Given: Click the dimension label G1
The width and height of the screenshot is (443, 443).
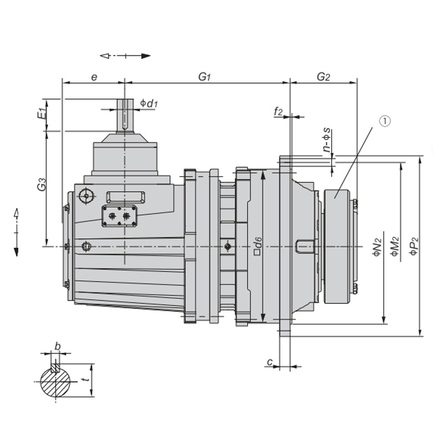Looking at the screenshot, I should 205,77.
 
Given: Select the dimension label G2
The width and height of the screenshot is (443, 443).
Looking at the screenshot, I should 323,77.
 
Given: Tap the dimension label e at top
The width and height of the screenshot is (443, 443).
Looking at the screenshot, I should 94,77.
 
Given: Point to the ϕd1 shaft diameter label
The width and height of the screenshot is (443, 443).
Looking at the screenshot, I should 150,103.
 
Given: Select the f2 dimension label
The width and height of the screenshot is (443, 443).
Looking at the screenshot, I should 279,112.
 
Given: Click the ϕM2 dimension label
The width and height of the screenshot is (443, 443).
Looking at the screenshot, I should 395,246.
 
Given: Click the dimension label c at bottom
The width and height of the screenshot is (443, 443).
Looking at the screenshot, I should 270,362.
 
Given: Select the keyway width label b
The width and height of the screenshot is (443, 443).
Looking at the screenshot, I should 57,347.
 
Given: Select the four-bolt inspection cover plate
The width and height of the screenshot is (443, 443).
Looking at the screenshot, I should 119,216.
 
